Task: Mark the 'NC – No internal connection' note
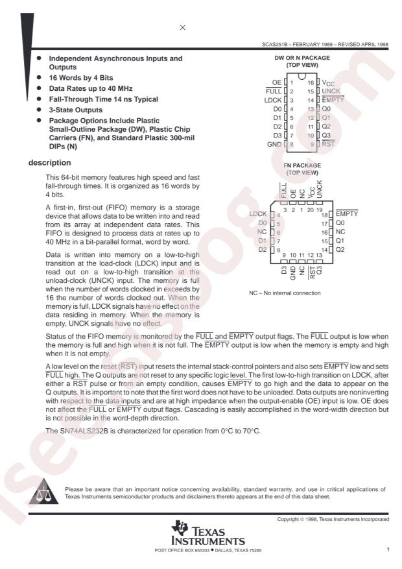coord(285,293)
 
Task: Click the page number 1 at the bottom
coord(388,550)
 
